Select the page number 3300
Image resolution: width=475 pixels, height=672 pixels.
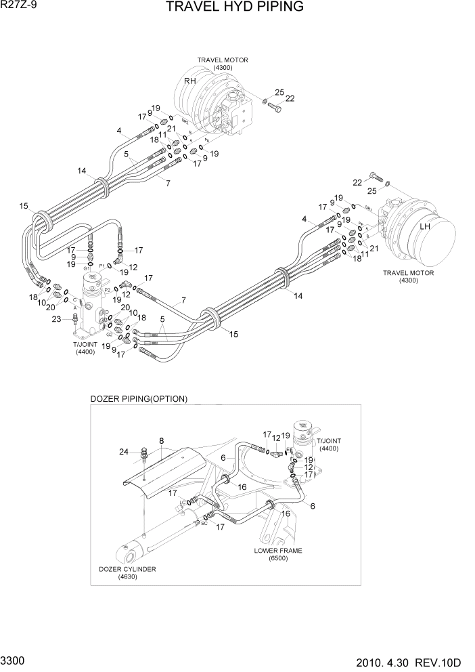[x=15, y=659]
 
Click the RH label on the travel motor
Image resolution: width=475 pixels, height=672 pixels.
[x=190, y=81]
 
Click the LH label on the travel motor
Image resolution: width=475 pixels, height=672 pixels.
[x=425, y=226]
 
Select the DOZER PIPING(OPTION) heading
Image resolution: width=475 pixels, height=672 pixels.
[x=139, y=399]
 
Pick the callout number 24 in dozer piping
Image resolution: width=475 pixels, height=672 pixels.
[x=124, y=452]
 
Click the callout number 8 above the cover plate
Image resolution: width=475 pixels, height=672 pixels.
[x=162, y=442]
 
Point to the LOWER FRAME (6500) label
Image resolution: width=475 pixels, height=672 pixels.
[x=278, y=555]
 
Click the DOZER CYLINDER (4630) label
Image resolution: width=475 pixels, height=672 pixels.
[x=127, y=573]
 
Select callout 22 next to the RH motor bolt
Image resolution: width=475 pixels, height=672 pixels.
[x=290, y=99]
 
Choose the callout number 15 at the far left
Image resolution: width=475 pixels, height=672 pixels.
[x=24, y=206]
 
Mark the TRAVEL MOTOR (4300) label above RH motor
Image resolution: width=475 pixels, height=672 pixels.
[x=223, y=64]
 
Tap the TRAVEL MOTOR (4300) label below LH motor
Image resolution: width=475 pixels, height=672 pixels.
[x=409, y=276]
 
